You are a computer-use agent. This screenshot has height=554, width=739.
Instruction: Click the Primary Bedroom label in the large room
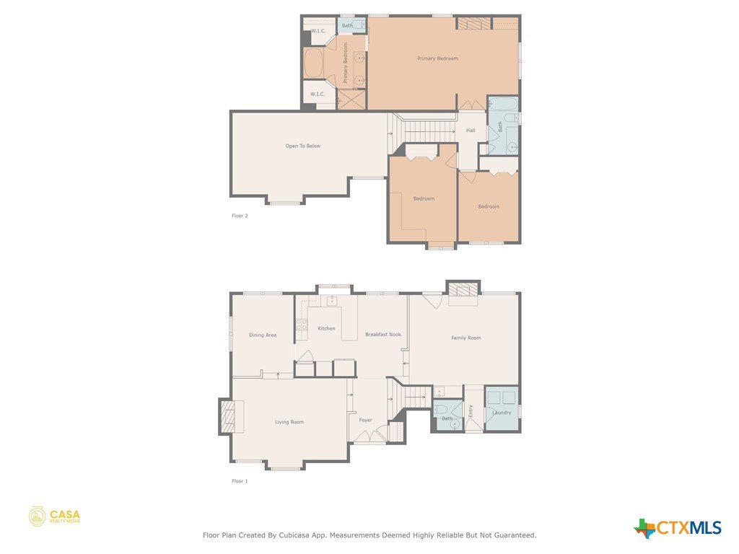click(437, 58)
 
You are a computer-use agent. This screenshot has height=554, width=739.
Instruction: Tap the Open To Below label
click(302, 146)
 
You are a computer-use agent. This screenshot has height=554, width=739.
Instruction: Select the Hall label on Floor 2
click(471, 131)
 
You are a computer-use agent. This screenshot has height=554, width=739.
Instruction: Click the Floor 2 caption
click(240, 216)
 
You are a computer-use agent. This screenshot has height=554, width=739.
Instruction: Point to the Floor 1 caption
click(240, 481)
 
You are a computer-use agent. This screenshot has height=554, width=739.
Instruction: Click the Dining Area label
click(263, 335)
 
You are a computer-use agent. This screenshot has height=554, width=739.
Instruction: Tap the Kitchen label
click(326, 328)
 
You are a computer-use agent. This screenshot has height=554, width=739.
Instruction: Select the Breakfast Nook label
click(383, 335)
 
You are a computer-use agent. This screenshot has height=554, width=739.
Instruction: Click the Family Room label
click(466, 338)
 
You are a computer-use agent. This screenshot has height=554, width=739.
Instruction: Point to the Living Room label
click(289, 422)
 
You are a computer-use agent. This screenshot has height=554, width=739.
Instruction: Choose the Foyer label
click(365, 420)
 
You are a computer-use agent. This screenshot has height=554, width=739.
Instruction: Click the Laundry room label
click(502, 413)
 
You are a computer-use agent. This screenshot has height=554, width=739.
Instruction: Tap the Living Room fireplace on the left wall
click(229, 416)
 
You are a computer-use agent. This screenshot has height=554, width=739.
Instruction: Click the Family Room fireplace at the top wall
click(463, 289)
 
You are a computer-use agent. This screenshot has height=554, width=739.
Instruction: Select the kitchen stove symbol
click(301, 324)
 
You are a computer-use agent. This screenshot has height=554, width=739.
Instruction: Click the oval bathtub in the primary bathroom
click(313, 63)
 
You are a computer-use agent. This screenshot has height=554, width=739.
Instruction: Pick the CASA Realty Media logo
click(54, 516)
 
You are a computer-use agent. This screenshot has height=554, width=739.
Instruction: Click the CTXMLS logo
click(678, 528)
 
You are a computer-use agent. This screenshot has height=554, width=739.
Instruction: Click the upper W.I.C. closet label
click(318, 31)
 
